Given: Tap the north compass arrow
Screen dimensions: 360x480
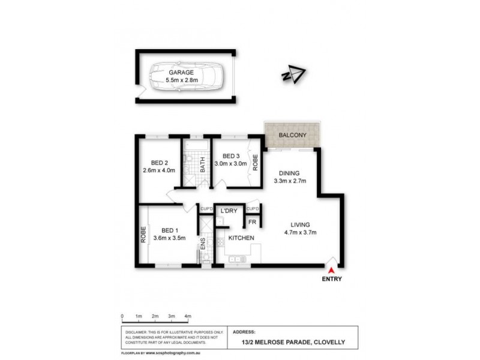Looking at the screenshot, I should point(293,75).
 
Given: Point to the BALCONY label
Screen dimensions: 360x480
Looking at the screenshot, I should point(294,136).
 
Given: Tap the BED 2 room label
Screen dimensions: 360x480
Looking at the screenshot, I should point(158,162).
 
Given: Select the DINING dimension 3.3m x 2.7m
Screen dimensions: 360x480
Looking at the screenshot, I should point(290,180).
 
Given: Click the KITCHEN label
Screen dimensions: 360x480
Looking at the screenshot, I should point(241,238).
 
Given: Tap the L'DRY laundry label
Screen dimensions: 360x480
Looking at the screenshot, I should point(228,211).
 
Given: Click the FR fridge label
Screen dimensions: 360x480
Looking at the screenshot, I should point(253,223).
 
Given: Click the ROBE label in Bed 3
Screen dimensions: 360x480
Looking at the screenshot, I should point(255,163).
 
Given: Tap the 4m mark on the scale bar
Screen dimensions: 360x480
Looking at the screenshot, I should point(187,316).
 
